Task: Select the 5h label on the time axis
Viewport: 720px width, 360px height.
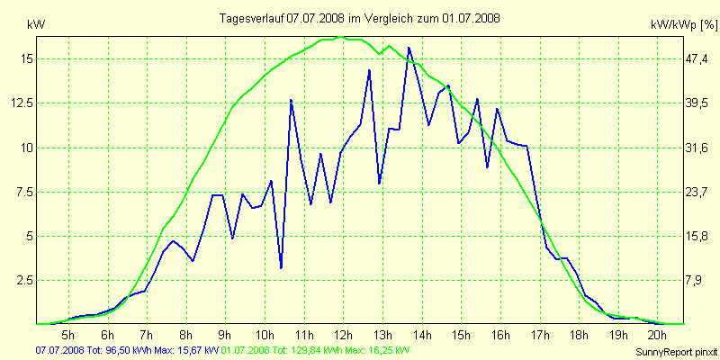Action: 67,336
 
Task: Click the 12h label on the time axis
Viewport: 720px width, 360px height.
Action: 343,336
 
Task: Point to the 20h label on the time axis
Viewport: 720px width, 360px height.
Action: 657,336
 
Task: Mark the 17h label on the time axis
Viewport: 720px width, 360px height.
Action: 539,336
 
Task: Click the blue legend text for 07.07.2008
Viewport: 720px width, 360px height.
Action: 126,350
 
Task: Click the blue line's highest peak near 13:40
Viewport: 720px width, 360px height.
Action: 409,48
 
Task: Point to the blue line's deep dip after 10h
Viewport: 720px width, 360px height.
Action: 282,267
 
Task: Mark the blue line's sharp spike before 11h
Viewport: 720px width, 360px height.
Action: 292,100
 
